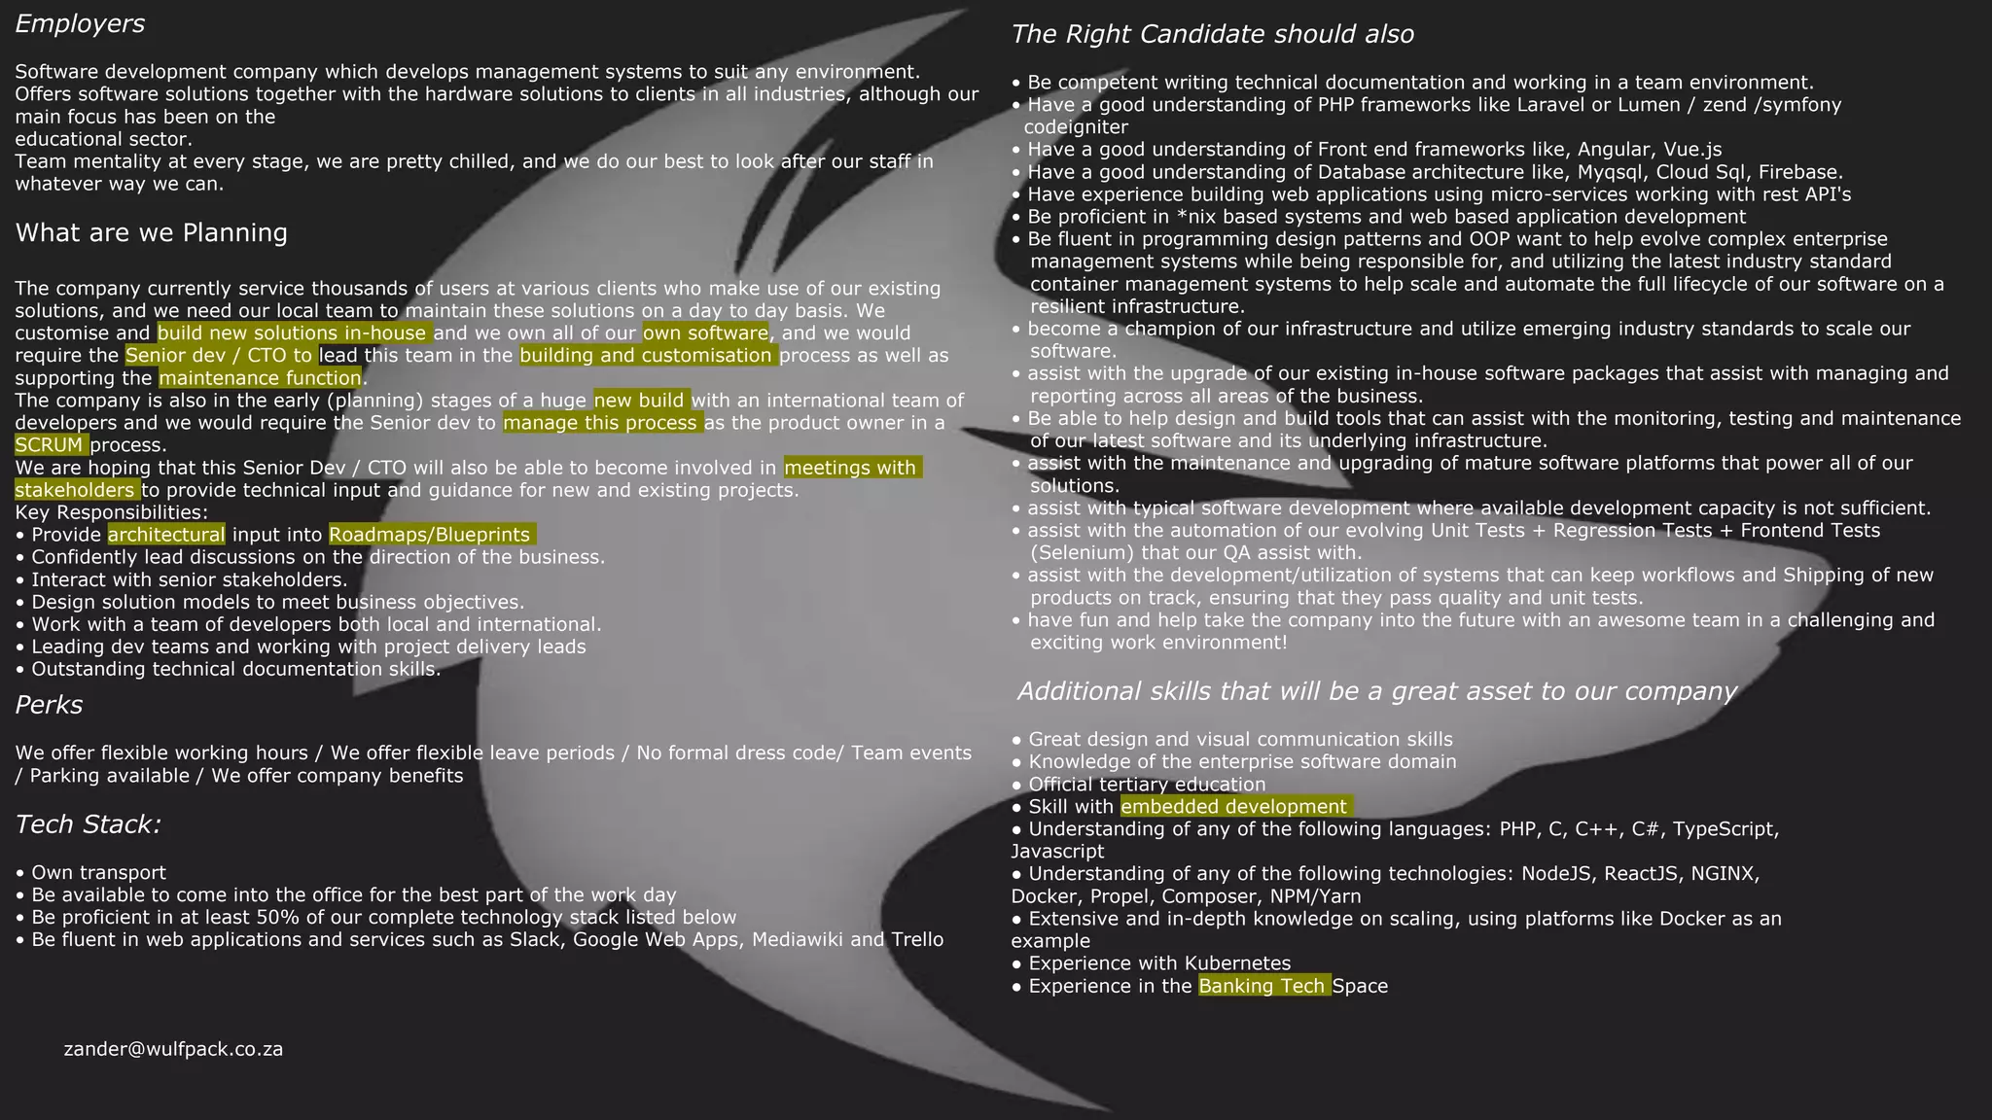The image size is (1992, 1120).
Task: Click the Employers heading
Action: click(80, 24)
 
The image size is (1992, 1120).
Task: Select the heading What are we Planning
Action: click(151, 233)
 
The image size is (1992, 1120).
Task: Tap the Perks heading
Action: click(49, 705)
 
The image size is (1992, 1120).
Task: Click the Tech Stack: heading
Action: click(88, 824)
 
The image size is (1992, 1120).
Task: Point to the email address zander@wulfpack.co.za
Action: click(173, 1049)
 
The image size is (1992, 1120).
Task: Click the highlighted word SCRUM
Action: click(51, 445)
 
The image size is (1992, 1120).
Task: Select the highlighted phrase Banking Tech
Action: click(1263, 986)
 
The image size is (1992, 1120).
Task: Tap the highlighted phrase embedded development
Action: click(1234, 807)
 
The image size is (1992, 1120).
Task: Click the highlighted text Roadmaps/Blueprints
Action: click(430, 535)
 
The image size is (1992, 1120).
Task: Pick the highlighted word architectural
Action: click(166, 535)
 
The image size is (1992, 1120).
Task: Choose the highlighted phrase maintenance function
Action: click(260, 378)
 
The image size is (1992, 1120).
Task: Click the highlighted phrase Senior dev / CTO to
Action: click(219, 356)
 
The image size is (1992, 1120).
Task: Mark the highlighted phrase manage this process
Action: click(601, 423)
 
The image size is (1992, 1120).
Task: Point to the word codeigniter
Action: click(1076, 127)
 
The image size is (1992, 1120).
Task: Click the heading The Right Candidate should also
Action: click(1212, 35)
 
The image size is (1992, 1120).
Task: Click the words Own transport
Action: click(98, 873)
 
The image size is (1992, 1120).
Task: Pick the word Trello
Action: click(916, 940)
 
